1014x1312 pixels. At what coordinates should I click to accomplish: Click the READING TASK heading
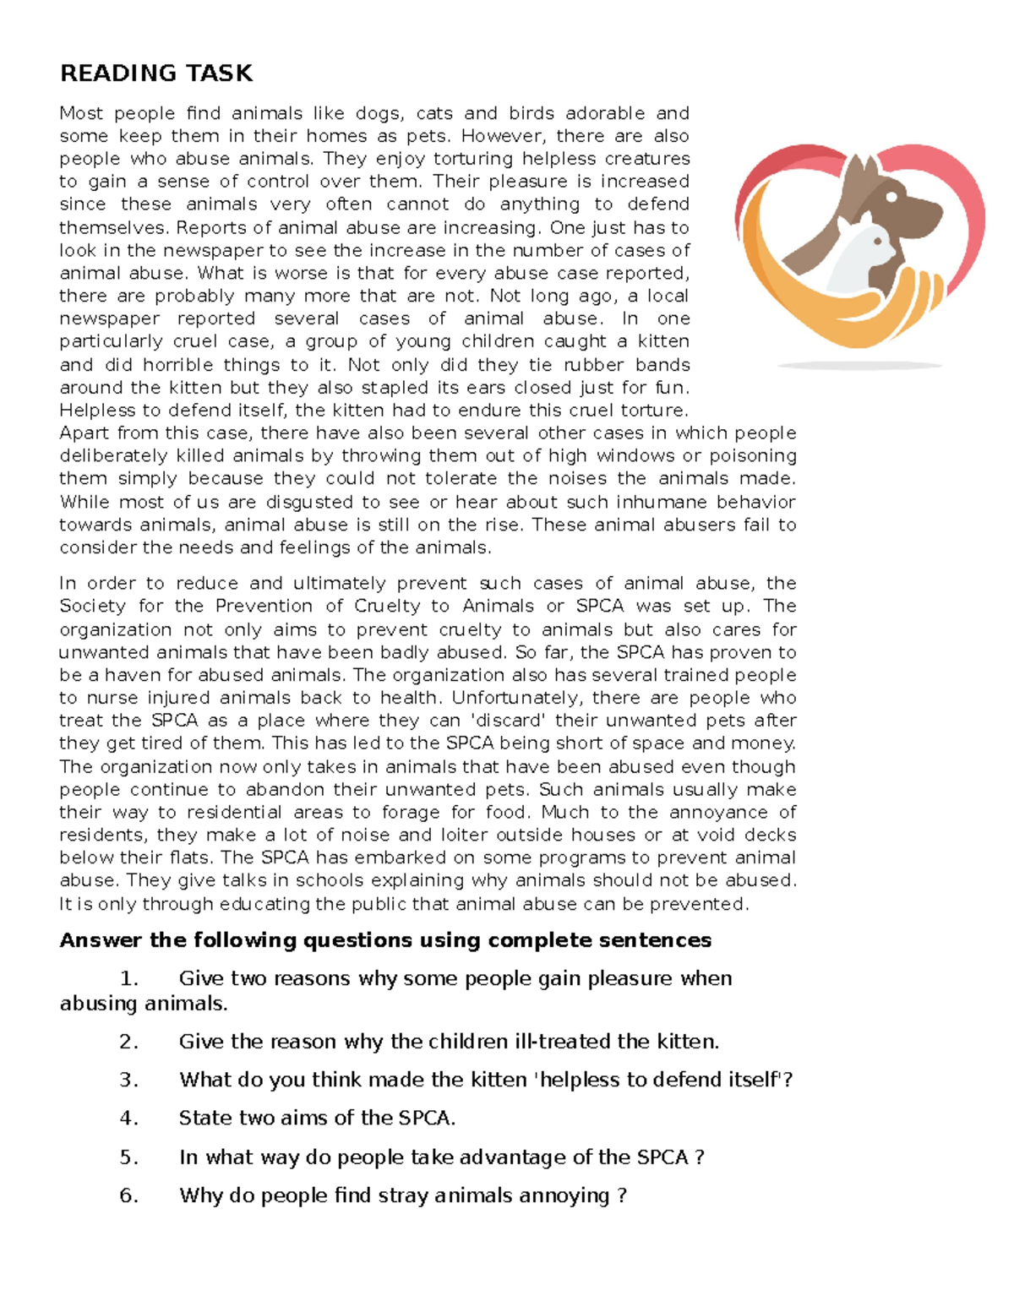[156, 73]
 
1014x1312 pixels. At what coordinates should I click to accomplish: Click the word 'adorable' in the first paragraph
[605, 113]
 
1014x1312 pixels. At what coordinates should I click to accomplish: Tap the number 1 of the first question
[128, 978]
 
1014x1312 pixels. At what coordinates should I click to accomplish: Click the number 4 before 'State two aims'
[128, 1119]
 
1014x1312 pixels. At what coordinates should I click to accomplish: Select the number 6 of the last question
[128, 1195]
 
